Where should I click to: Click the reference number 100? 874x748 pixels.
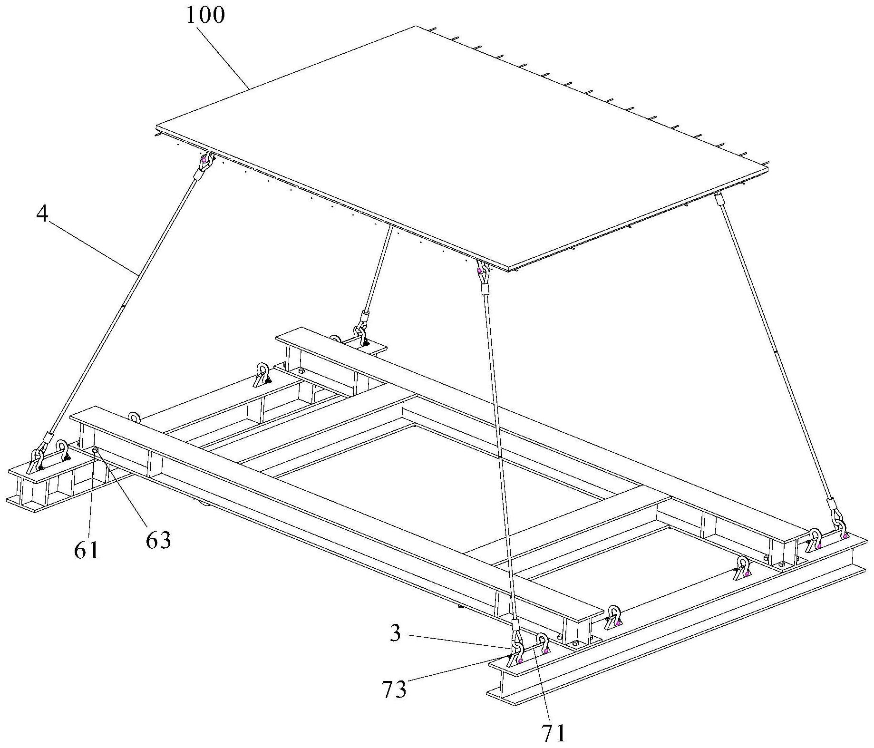(x=205, y=16)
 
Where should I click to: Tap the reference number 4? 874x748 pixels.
(x=42, y=215)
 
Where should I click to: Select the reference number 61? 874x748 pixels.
(x=87, y=550)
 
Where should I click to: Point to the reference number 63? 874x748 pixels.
(x=158, y=541)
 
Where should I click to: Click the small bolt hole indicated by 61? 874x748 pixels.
(x=96, y=449)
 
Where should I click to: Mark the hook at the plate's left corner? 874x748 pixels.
(x=205, y=162)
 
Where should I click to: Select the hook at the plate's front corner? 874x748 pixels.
(x=481, y=271)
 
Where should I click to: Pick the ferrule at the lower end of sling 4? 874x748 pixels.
(x=49, y=437)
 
